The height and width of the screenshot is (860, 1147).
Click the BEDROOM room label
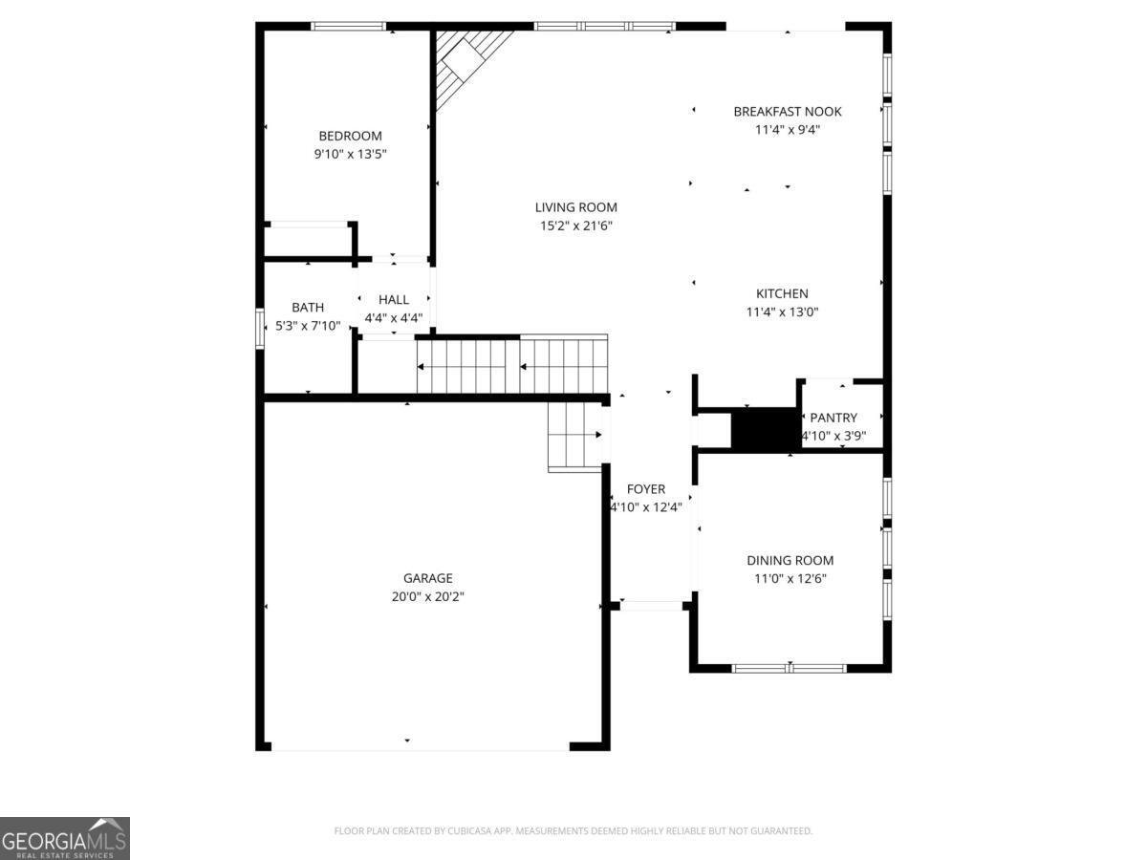point(350,136)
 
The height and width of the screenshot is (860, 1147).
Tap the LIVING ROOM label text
point(575,207)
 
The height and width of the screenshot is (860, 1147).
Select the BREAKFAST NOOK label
point(787,111)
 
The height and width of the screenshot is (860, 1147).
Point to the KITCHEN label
point(782,293)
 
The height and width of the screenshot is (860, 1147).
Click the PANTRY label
point(833,418)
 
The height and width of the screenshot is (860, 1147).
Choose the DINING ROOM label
point(790,560)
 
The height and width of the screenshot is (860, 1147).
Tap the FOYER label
point(647,489)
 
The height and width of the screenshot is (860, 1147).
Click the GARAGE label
point(427,578)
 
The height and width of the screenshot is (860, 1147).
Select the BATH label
point(308,307)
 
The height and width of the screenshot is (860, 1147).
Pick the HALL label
point(393,299)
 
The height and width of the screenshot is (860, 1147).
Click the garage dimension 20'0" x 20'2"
point(427,596)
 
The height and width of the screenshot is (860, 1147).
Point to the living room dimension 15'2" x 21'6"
point(575,226)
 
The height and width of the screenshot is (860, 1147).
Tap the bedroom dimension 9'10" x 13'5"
point(350,154)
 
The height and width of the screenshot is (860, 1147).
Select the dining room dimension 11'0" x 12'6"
point(790,578)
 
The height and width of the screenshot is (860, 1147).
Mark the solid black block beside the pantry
point(765,427)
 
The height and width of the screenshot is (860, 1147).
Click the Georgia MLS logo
point(64,838)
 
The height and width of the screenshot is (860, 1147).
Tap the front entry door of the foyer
point(650,605)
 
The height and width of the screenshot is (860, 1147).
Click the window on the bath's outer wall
point(260,327)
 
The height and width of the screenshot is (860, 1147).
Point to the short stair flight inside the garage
point(574,437)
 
